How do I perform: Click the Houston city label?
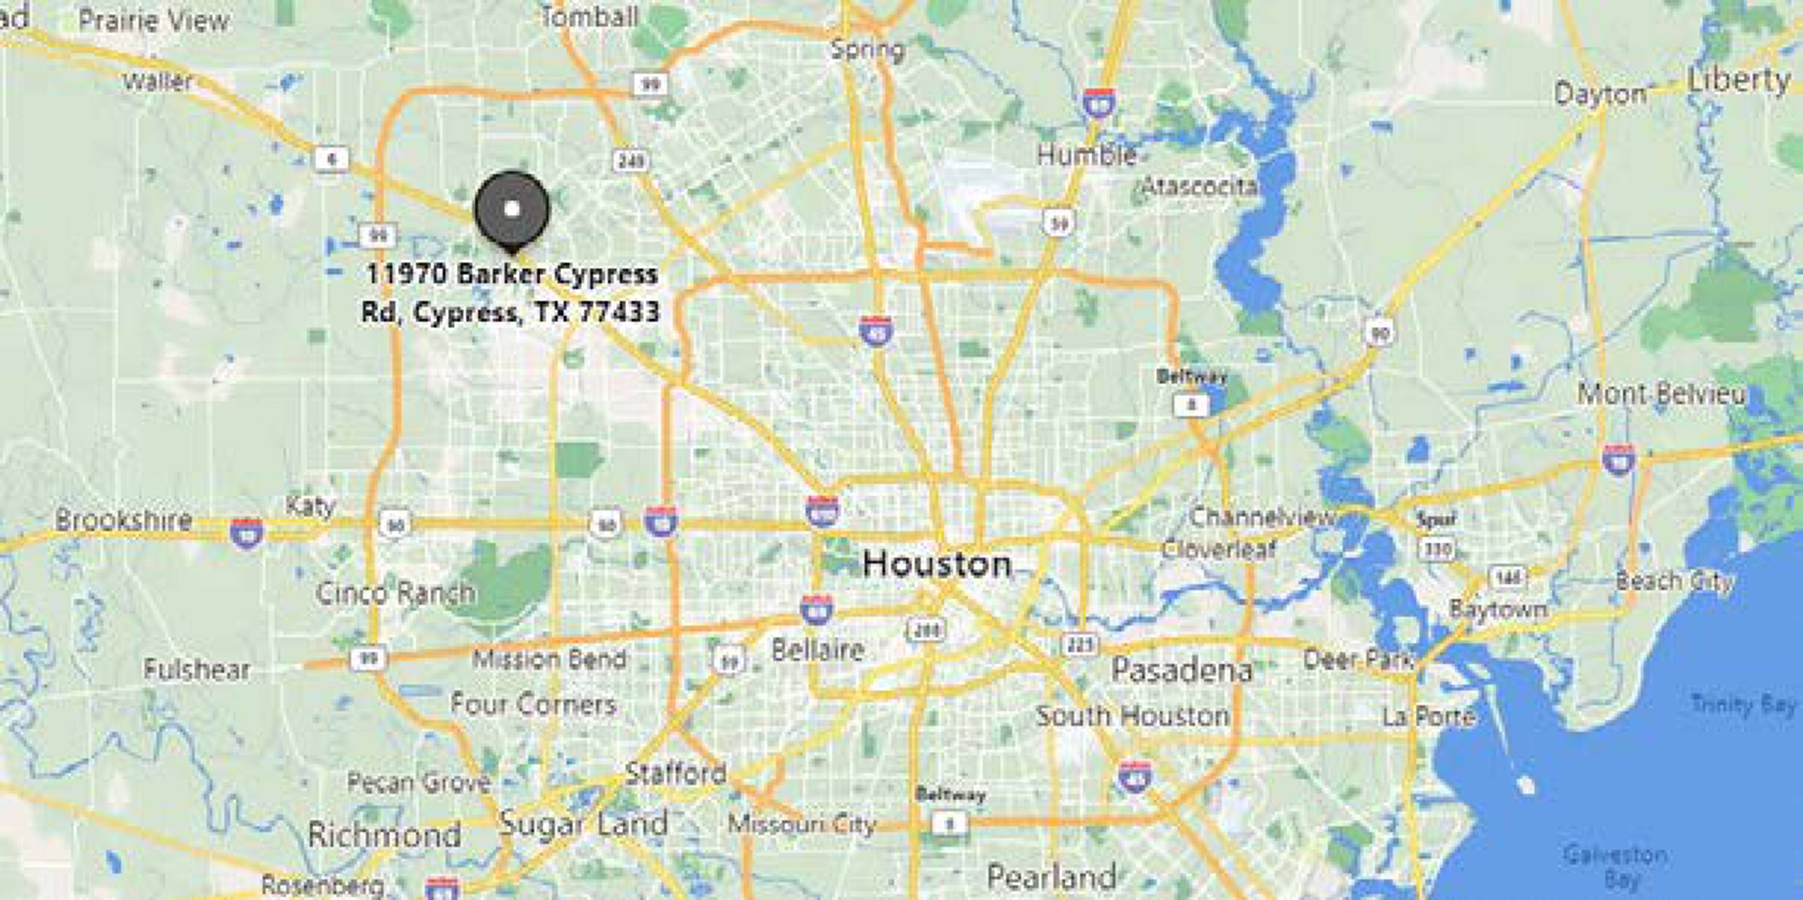tap(936, 564)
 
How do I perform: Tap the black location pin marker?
tap(511, 209)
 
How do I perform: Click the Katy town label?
tap(310, 505)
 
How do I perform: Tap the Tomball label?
tap(590, 17)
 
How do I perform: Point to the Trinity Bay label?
tap(1744, 704)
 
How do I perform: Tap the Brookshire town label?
tap(123, 520)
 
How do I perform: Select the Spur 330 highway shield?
tap(1438, 549)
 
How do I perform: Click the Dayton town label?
tap(1599, 94)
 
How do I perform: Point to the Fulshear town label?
tap(197, 670)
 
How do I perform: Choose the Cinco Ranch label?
tap(395, 594)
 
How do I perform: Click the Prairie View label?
tap(153, 20)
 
